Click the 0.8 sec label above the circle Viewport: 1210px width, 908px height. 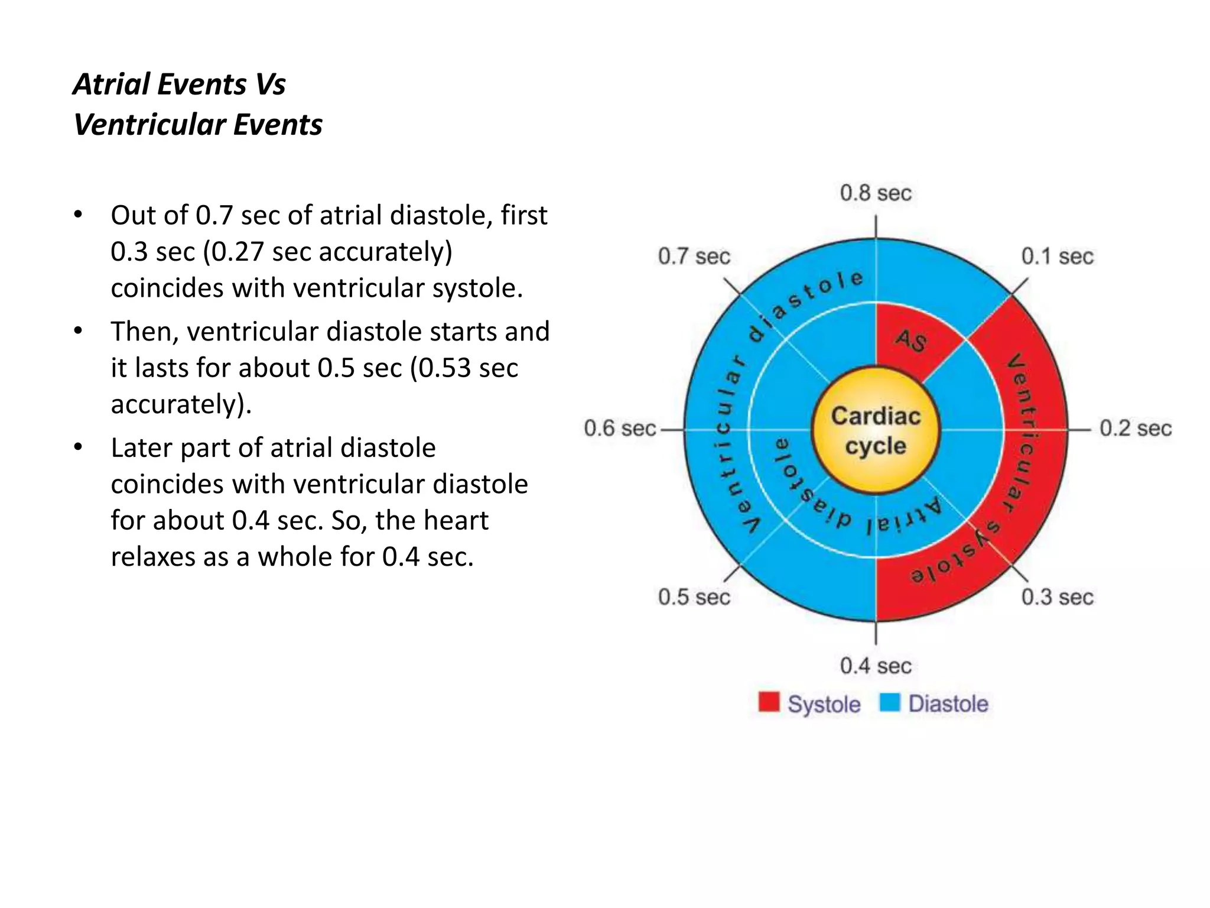pyautogui.click(x=876, y=193)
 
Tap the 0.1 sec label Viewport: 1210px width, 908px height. pyautogui.click(x=1057, y=257)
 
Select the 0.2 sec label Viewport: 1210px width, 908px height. pyautogui.click(x=1135, y=428)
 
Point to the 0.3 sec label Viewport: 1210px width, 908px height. pyautogui.click(x=1057, y=597)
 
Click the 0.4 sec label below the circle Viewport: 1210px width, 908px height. pyautogui.click(x=876, y=666)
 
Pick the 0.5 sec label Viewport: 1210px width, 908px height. pyautogui.click(x=694, y=597)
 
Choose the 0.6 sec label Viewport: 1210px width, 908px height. pyautogui.click(x=620, y=428)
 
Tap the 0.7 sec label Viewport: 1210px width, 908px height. pyautogui.click(x=694, y=257)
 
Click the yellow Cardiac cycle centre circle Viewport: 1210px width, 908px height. pyautogui.click(x=876, y=430)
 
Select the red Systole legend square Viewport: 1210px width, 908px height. pyautogui.click(x=769, y=702)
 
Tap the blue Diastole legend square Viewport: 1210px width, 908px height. pyautogui.click(x=889, y=702)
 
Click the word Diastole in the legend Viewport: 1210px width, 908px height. pyautogui.click(x=948, y=703)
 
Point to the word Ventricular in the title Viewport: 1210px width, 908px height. pyautogui.click(x=149, y=125)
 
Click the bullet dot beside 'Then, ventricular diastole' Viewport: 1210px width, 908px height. pyautogui.click(x=78, y=331)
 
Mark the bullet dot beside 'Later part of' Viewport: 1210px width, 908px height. pyautogui.click(x=78, y=447)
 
